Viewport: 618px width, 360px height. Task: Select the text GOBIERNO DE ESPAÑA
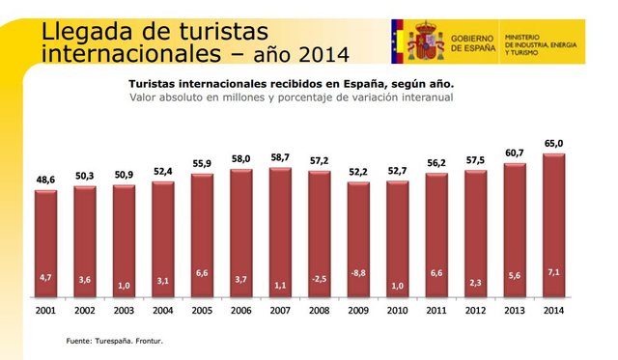(473, 41)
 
